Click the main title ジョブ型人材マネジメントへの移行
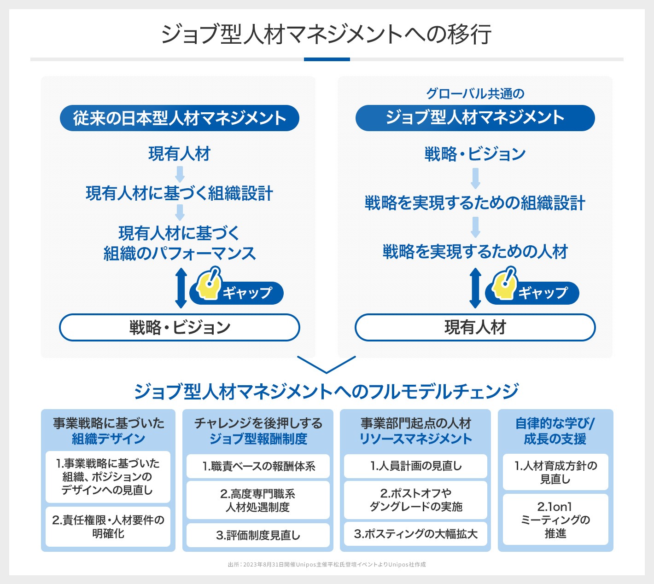[x=327, y=35]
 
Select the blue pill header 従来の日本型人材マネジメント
[x=180, y=118]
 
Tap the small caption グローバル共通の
[x=475, y=94]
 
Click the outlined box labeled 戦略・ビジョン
[x=180, y=328]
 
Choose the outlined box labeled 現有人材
[x=475, y=328]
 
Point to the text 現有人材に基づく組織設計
[x=180, y=193]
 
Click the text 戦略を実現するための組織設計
[x=475, y=203]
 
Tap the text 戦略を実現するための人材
[x=475, y=252]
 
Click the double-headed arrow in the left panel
[x=181, y=288]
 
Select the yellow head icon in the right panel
[x=504, y=284]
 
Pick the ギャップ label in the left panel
[x=247, y=293]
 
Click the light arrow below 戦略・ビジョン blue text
[x=475, y=179]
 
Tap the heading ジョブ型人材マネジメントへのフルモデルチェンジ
[x=327, y=392]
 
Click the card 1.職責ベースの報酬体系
[x=258, y=466]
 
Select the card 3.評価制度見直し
[x=258, y=535]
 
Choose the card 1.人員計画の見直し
[x=415, y=466]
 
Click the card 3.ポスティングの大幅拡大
[x=415, y=534]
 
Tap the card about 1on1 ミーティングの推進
[x=555, y=520]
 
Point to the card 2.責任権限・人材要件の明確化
[x=108, y=526]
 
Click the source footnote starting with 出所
[x=327, y=565]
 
